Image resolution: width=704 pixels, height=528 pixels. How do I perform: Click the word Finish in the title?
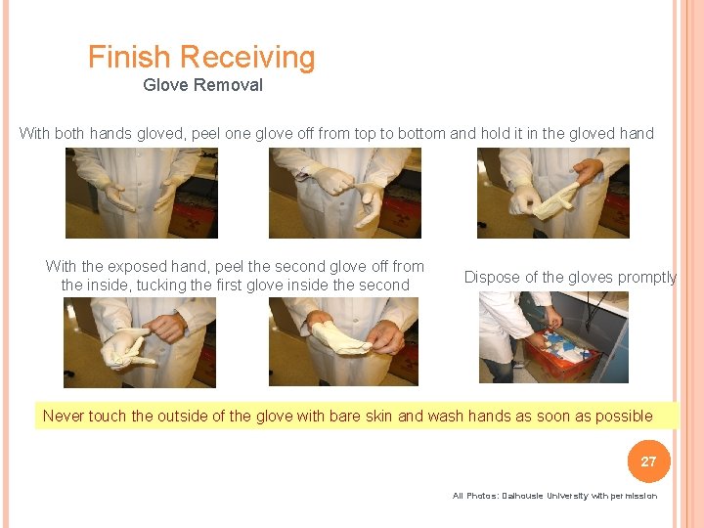point(130,58)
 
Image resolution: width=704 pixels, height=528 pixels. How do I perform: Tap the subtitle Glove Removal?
point(202,85)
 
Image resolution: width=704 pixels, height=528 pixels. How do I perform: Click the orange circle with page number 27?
point(648,461)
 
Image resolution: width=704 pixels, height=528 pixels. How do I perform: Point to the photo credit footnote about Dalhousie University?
point(554,496)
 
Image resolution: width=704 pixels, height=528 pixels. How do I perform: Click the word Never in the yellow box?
point(64,416)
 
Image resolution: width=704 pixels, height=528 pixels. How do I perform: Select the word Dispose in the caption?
point(492,277)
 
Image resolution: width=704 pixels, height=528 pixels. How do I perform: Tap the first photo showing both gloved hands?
point(141,193)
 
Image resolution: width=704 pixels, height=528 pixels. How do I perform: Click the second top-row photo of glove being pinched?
point(345,193)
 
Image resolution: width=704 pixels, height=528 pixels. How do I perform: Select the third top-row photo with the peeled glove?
point(552,193)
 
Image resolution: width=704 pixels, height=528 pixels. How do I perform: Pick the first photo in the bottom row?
point(139,341)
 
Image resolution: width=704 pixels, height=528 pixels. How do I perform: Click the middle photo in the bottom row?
point(343,341)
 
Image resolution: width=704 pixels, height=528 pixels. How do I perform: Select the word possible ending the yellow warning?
point(625,416)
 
